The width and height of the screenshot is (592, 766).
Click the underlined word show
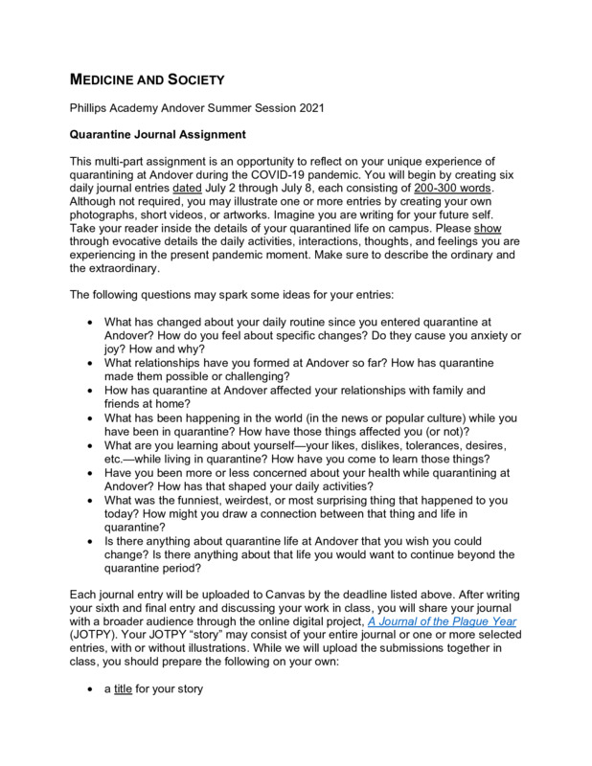coord(488,230)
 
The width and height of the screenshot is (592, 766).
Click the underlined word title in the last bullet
coord(123,687)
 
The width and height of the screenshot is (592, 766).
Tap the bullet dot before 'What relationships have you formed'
coord(91,364)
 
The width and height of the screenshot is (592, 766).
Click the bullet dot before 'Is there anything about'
coord(91,541)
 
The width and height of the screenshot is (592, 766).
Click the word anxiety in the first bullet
coord(478,336)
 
